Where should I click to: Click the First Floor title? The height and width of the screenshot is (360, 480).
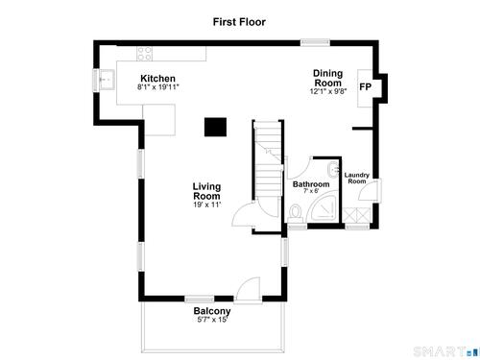[239, 22]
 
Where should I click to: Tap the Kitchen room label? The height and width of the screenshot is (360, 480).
[157, 79]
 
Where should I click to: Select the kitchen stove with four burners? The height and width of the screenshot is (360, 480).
[145, 54]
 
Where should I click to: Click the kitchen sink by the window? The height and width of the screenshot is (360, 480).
[107, 80]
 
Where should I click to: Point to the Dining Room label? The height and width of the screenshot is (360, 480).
[327, 78]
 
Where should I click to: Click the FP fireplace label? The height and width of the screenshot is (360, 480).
[365, 87]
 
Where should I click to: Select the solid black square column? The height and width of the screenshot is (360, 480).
[216, 127]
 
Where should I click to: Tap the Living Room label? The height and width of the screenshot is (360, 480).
[206, 191]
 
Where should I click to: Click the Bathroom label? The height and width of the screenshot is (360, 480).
[311, 184]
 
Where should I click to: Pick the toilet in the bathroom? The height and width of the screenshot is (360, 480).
[295, 214]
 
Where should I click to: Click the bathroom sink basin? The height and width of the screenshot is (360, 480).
[333, 169]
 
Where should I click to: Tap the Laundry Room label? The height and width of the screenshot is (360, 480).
[357, 178]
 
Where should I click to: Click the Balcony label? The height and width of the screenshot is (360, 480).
[212, 311]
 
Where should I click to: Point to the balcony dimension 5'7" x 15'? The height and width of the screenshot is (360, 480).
[212, 320]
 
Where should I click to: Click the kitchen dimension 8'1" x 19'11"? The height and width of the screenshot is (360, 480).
[158, 86]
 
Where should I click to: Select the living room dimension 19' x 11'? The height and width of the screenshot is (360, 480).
[207, 204]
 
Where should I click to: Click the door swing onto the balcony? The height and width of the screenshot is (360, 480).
[247, 290]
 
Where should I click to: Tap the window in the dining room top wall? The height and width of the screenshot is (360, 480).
[315, 42]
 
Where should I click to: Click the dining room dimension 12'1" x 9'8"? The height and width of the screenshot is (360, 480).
[328, 91]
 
